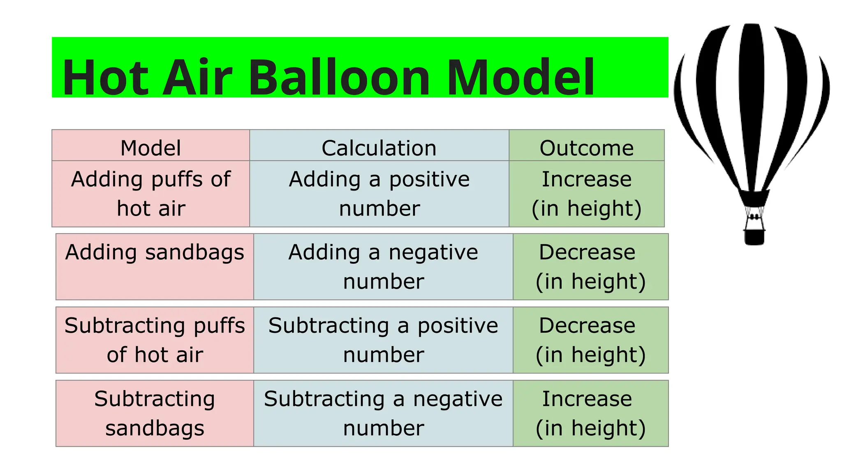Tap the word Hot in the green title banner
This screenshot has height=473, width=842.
tap(105, 77)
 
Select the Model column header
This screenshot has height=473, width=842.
tap(150, 147)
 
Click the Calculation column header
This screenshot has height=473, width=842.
tap(379, 147)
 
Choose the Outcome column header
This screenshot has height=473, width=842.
tap(586, 147)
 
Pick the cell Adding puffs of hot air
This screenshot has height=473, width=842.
tap(150, 193)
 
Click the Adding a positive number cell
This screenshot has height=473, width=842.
tap(379, 193)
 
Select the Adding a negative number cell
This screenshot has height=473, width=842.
tap(383, 266)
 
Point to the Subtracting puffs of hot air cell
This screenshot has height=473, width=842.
tap(155, 340)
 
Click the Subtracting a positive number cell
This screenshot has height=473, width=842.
tap(383, 340)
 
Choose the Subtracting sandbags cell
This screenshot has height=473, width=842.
tap(155, 413)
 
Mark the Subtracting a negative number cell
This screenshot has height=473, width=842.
tap(383, 413)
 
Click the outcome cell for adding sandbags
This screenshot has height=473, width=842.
tap(590, 266)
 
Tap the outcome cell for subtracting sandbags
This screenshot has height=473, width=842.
tap(590, 413)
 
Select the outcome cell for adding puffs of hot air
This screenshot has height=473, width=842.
tap(586, 193)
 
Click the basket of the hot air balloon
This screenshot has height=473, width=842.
tap(754, 236)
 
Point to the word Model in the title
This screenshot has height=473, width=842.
tap(520, 77)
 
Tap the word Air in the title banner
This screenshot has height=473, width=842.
tap(198, 77)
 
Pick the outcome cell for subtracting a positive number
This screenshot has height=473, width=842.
tap(590, 340)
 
